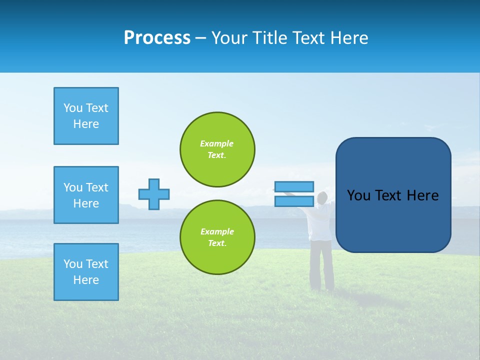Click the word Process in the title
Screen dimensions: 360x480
point(157,38)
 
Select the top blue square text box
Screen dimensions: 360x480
point(86,116)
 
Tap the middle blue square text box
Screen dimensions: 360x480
point(86,195)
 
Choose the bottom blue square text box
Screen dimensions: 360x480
point(86,272)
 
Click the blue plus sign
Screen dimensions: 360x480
point(154,194)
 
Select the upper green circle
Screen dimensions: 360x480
point(217,149)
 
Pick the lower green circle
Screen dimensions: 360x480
point(217,237)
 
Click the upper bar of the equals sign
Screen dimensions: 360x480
point(294,187)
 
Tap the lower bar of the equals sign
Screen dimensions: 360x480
point(294,201)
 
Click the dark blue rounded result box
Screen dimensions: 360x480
point(393,195)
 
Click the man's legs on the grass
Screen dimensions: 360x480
point(321,265)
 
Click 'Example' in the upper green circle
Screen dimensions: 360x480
point(217,143)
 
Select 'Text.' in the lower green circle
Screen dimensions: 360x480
point(217,243)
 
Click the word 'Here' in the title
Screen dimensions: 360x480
point(348,38)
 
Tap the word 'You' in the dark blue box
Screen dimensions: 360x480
point(358,195)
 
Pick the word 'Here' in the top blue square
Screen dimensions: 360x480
point(86,124)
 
